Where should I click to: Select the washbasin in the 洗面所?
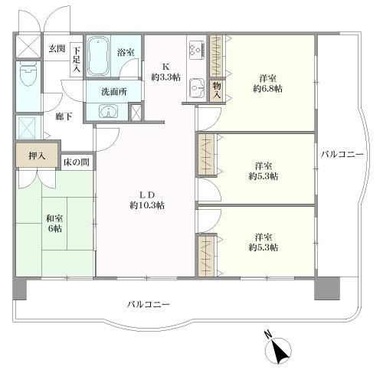pos(106,112)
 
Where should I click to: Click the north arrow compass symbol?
pos(278,351)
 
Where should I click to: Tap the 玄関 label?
pos(57,49)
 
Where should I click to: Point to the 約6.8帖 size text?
pos(268,90)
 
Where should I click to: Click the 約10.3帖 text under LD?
pos(146,205)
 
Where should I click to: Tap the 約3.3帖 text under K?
pos(166,78)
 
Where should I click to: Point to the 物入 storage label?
pos(217,90)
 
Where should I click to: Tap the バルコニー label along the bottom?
pos(149,305)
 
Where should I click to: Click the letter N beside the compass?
pos(267,334)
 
